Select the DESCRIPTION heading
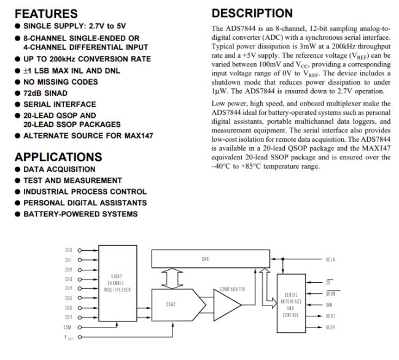252,13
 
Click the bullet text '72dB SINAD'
46,93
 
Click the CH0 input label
69,250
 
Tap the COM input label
69,327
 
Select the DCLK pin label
331,259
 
